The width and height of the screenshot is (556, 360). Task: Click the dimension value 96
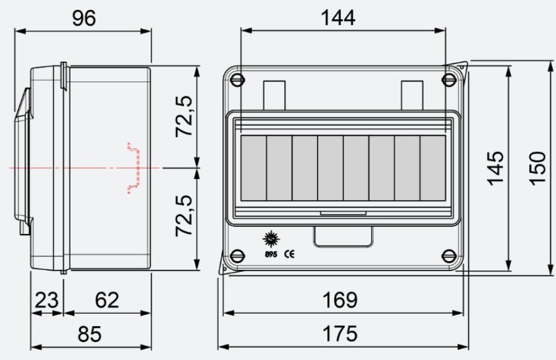coord(84,19)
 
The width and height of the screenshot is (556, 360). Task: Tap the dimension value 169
coord(340,301)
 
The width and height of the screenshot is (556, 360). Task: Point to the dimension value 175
coord(340,334)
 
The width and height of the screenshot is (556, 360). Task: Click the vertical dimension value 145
coord(495,167)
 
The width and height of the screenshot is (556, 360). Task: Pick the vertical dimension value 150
coord(537,167)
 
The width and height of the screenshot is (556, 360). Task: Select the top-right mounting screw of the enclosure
coord(449,79)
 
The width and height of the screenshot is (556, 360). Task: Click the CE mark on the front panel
coord(289,253)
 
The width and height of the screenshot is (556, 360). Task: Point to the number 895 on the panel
coord(269,253)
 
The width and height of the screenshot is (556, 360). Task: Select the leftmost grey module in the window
coord(253,168)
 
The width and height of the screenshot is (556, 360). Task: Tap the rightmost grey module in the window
coord(432,168)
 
